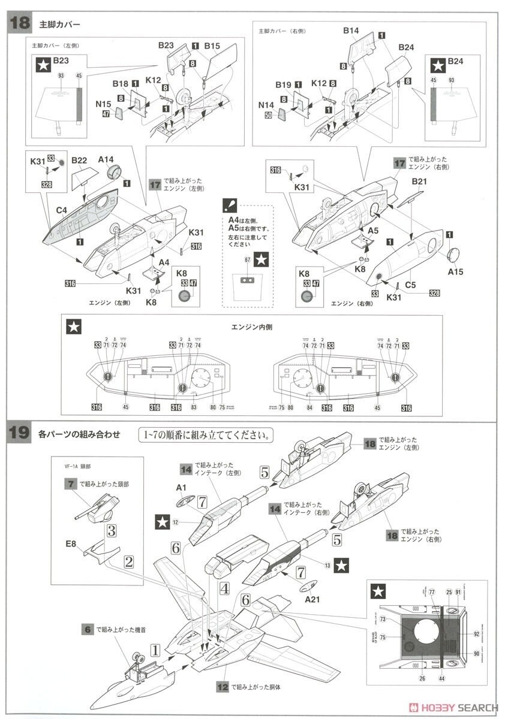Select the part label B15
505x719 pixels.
tap(212, 45)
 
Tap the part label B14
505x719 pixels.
tap(351, 31)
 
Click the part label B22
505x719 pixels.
tap(80, 161)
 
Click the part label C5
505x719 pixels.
tap(410, 285)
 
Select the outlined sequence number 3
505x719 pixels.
tap(112, 530)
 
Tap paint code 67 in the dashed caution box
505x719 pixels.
tap(247, 260)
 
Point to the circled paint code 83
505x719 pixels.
tap(194, 407)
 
